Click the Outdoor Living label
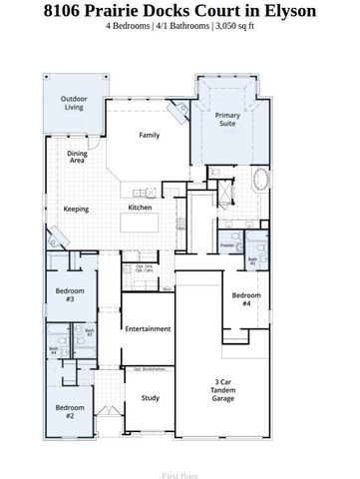point(73,103)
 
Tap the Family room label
point(149,135)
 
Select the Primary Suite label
point(228,121)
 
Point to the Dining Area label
point(77,157)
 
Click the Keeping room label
point(76,210)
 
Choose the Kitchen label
point(140,208)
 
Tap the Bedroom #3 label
point(69,295)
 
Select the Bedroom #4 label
point(245,299)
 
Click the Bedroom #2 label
point(69,410)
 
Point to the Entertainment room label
point(148,328)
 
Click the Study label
point(150,398)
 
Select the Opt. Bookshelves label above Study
point(150,369)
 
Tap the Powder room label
point(227,244)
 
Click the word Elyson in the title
point(288,11)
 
